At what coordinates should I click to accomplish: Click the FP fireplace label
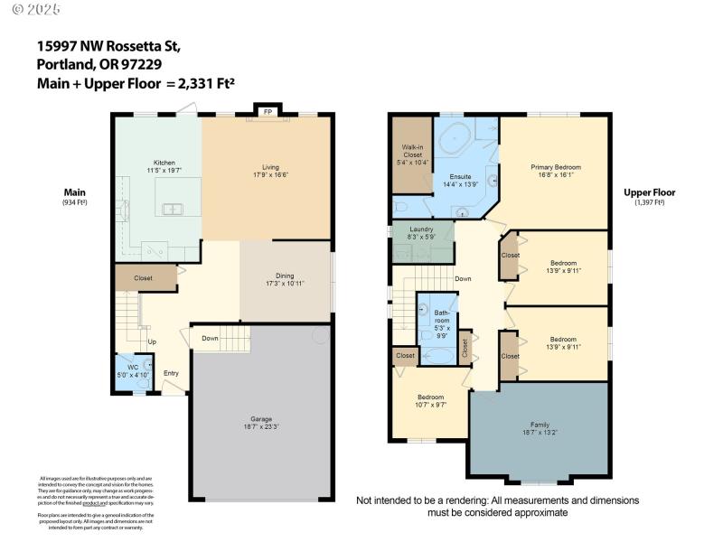click(268, 112)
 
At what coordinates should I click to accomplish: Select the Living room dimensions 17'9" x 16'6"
click(270, 175)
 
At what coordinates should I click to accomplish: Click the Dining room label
click(285, 276)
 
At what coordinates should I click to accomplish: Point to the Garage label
click(261, 418)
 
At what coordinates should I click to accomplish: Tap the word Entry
click(171, 373)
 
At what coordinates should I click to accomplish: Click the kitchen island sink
click(171, 209)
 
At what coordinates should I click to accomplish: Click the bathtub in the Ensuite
click(455, 143)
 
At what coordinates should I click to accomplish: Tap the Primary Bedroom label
click(556, 167)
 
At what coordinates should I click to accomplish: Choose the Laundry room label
click(421, 229)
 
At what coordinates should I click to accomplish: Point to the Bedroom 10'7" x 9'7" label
click(430, 397)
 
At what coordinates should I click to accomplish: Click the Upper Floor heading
click(649, 192)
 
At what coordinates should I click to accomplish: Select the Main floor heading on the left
click(74, 192)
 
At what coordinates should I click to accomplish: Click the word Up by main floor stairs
click(152, 341)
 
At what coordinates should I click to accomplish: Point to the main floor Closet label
click(144, 278)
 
